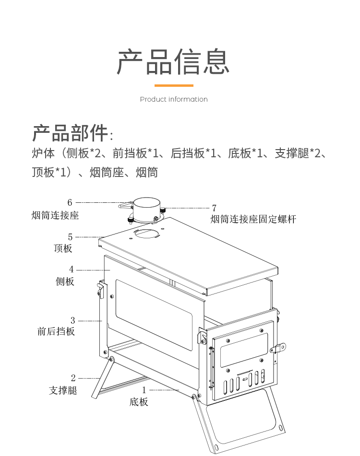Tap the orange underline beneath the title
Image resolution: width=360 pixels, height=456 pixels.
coord(174,86)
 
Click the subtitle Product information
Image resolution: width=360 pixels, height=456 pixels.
coord(174,99)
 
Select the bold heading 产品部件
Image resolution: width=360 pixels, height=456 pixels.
coord(70,133)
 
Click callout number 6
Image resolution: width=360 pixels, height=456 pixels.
coord(70,202)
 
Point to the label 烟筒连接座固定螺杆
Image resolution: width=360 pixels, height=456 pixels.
coord(253,219)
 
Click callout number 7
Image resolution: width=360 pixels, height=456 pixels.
coord(214,208)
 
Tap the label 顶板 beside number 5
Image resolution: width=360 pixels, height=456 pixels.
coord(63,248)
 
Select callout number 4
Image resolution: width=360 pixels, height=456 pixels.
coord(72,269)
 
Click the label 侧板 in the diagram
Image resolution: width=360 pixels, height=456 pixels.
coord(65,281)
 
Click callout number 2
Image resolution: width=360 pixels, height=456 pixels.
coord(73,378)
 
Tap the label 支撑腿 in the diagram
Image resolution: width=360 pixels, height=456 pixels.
coord(63,390)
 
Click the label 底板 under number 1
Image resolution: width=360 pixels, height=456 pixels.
coord(139,402)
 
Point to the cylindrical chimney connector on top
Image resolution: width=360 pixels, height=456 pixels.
coord(146,210)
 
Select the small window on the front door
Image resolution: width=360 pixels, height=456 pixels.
coord(244,350)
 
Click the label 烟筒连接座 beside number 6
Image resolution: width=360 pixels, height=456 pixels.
coord(55,216)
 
